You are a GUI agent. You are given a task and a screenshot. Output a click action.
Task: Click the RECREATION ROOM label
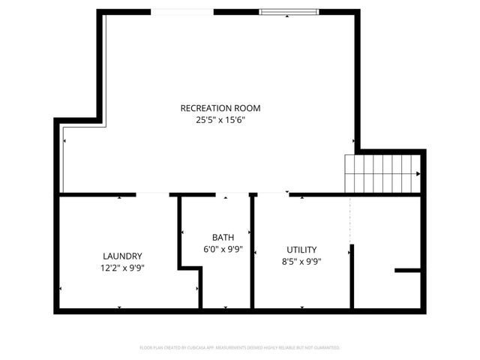point(220,108)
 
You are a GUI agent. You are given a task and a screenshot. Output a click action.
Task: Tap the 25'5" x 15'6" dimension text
point(220,119)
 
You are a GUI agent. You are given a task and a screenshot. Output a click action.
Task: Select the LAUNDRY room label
point(122,256)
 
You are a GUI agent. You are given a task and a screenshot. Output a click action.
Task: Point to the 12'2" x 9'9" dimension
point(122,267)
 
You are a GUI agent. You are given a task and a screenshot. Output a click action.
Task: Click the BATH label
point(223,237)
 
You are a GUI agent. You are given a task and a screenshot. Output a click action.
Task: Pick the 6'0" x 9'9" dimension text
point(223,248)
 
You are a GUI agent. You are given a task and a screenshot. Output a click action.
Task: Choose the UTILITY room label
point(301,250)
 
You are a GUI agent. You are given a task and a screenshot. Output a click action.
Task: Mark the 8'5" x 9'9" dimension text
point(301,261)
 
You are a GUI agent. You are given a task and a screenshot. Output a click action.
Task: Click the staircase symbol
point(381,173)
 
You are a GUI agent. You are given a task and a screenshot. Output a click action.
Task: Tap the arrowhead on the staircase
point(417,173)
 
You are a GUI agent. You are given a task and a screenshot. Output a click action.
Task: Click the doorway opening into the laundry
point(152,194)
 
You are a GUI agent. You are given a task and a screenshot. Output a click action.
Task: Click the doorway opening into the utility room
point(273,194)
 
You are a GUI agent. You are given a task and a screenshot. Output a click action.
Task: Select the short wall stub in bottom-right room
point(407,270)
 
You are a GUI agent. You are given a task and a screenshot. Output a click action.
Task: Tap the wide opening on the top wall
point(182,11)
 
